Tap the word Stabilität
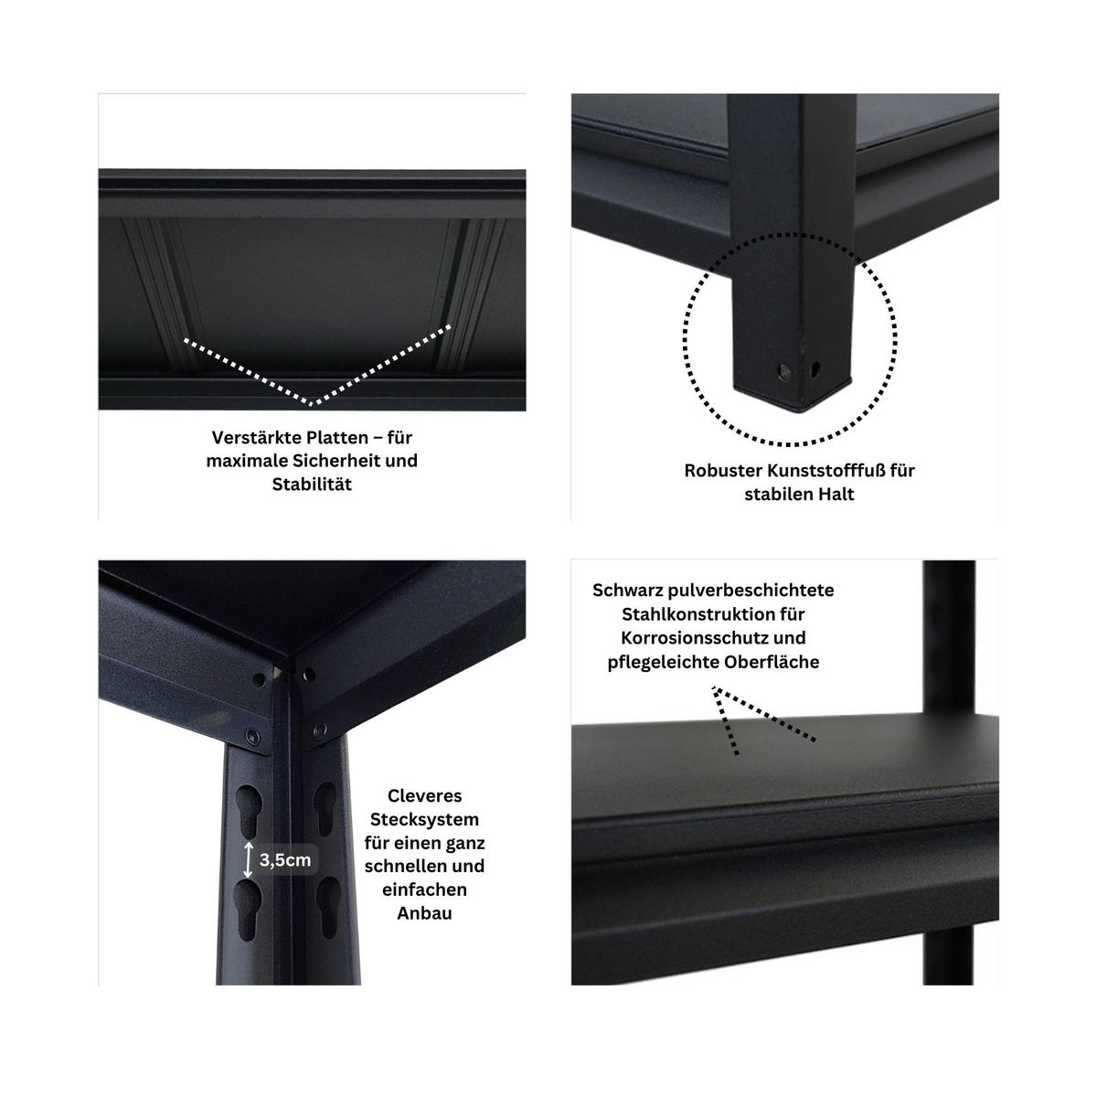point(312,485)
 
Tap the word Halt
point(833,495)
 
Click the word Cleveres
point(424,795)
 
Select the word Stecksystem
point(424,819)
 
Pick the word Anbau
point(424,913)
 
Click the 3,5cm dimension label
point(285,860)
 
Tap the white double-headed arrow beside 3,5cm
point(249,860)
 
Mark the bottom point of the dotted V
point(313,402)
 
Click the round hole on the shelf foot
point(783,371)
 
